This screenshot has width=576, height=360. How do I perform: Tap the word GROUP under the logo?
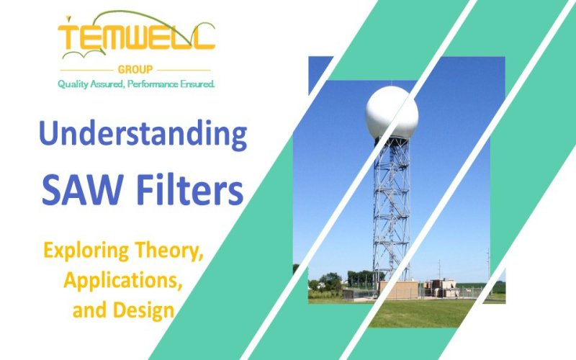136,70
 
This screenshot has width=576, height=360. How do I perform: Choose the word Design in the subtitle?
143,310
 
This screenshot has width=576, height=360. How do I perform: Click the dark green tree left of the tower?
330,281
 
